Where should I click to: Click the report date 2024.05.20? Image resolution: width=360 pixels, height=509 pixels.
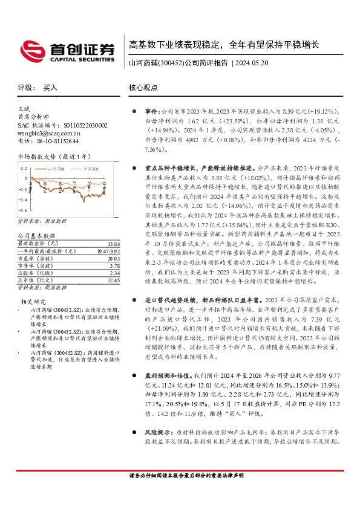[255, 63]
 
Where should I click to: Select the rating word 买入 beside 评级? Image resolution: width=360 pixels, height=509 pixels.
[50, 88]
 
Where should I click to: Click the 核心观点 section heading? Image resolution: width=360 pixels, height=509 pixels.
[143, 88]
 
